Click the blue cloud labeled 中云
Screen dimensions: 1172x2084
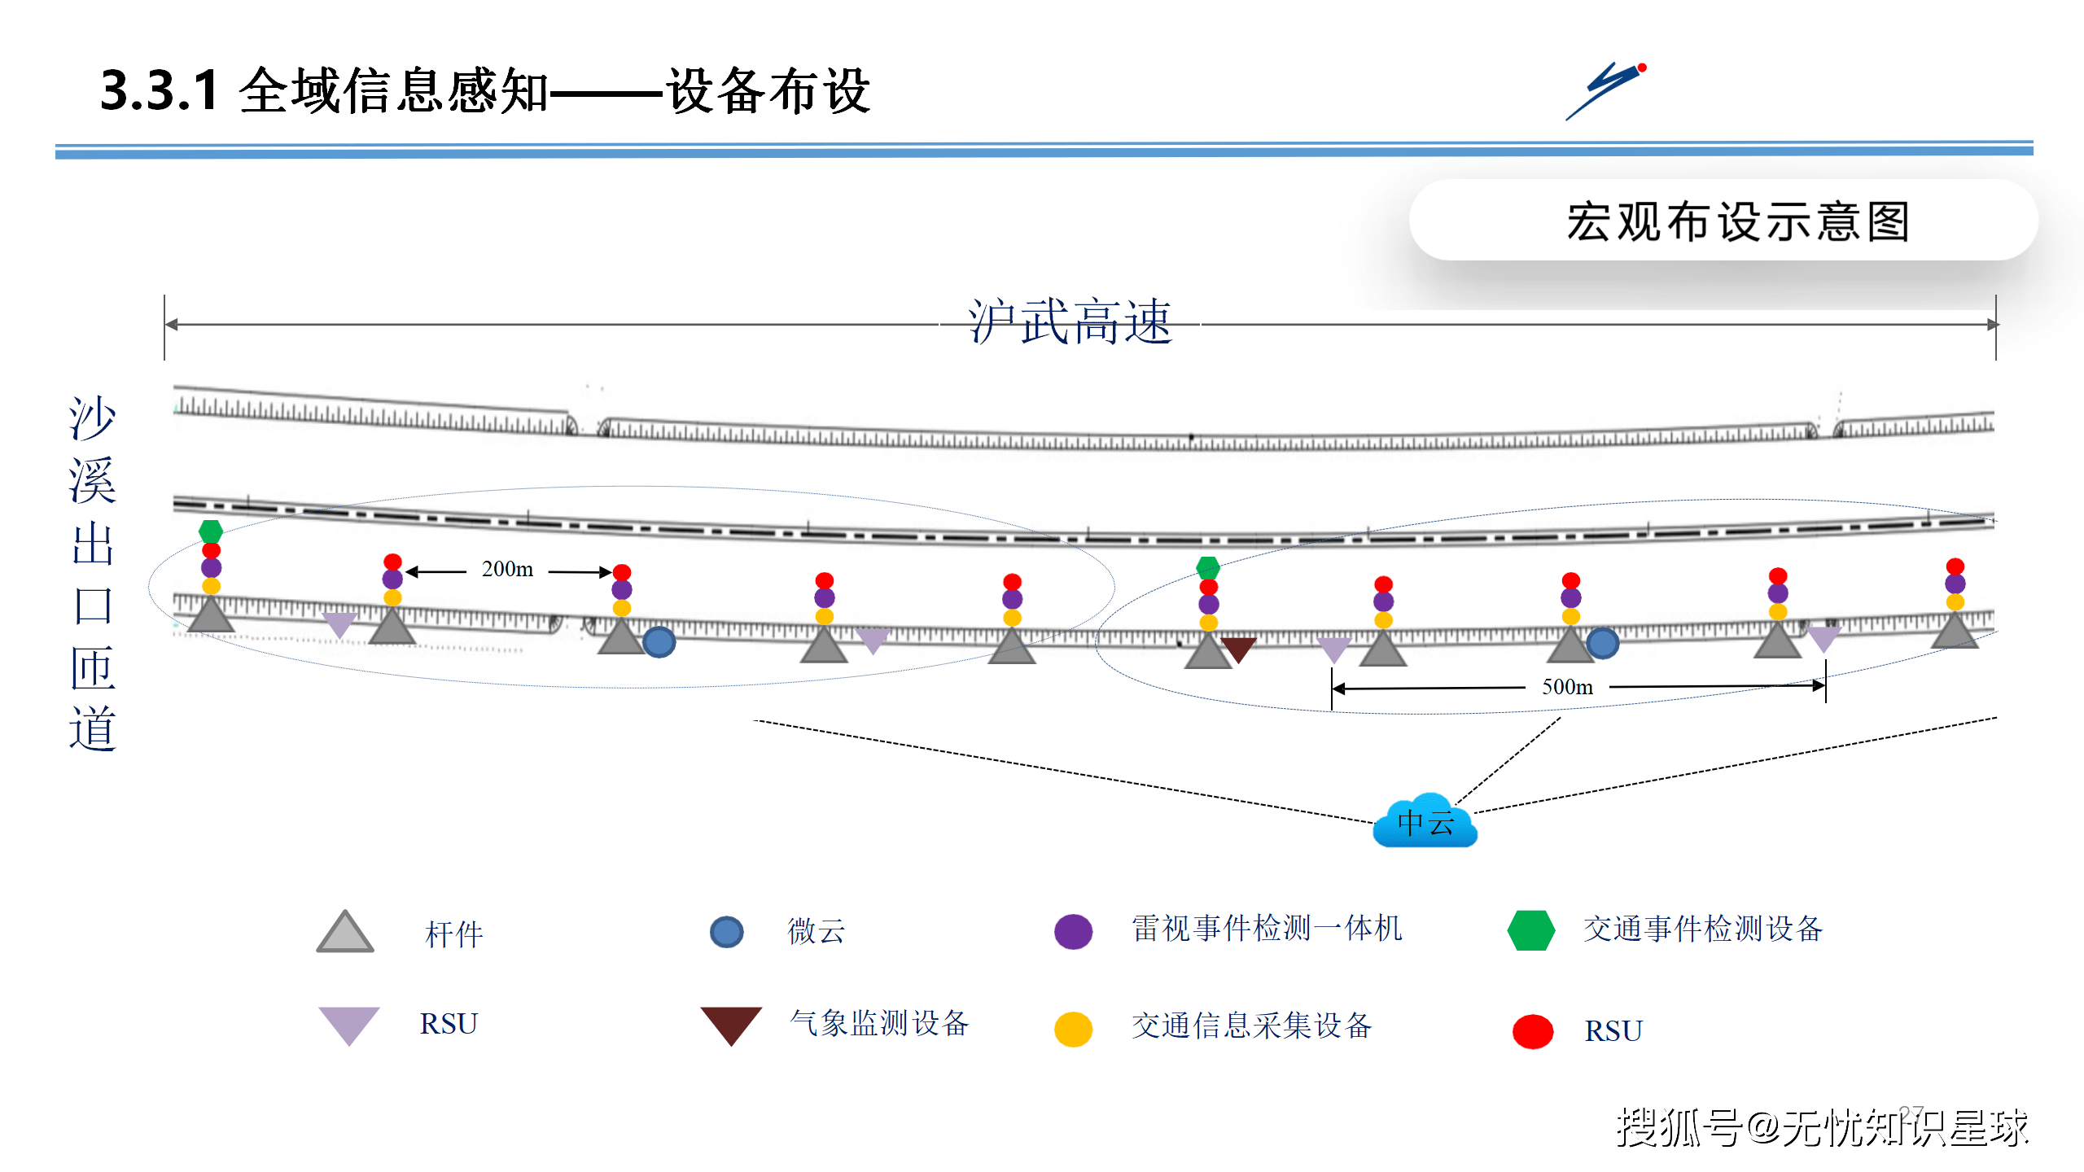point(1425,822)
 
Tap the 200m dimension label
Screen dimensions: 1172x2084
point(507,569)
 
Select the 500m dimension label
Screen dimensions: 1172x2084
point(1567,687)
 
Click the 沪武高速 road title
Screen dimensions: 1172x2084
point(1070,322)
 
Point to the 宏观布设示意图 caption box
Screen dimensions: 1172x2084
point(1723,221)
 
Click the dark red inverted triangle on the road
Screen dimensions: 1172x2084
point(1238,649)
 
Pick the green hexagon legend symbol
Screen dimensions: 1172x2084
point(1530,930)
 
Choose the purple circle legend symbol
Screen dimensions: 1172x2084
point(1073,931)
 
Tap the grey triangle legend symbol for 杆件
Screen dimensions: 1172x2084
point(345,933)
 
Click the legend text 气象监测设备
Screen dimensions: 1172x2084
point(879,1023)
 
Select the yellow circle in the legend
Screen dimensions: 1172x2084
point(1073,1029)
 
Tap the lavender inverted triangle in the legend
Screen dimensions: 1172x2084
point(348,1023)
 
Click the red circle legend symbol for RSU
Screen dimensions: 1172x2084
point(1532,1031)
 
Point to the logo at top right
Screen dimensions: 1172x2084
point(1606,90)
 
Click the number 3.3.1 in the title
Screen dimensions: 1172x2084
point(159,90)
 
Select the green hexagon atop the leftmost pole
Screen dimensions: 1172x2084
point(211,531)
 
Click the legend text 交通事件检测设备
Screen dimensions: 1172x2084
point(1702,929)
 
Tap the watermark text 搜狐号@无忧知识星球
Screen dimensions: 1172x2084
point(1821,1128)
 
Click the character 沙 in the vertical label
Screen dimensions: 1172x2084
point(92,419)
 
